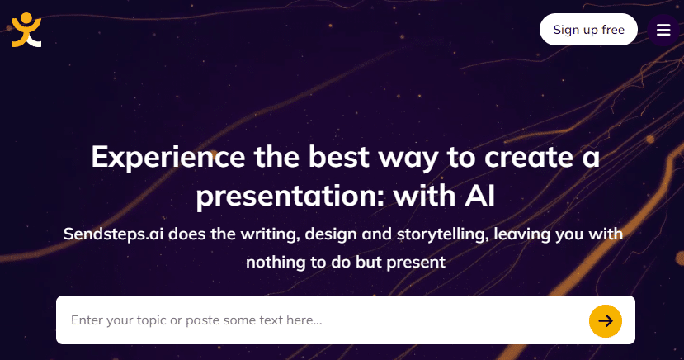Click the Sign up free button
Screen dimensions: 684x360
click(588, 29)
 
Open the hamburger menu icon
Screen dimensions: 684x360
click(663, 30)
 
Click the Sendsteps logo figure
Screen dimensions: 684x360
click(26, 30)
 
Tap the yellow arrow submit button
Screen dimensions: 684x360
click(606, 320)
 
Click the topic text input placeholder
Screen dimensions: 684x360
click(196, 320)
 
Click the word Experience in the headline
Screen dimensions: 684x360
click(168, 158)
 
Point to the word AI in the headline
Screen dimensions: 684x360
click(480, 196)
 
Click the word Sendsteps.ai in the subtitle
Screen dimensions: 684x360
click(113, 234)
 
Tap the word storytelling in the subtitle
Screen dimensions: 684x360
click(442, 234)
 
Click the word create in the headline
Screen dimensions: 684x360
click(529, 157)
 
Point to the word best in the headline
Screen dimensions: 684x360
click(339, 157)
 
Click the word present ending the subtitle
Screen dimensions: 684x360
click(416, 263)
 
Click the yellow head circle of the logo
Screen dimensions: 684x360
click(26, 18)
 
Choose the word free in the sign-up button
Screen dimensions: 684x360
click(613, 30)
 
